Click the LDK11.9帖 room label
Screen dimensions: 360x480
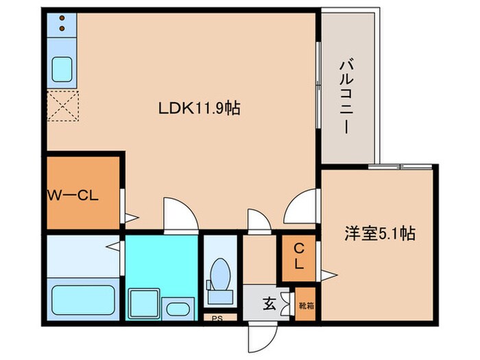pyautogui.click(x=199, y=108)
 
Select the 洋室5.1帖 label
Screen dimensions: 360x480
pyautogui.click(x=379, y=234)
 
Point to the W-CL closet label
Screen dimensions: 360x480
pyautogui.click(x=73, y=194)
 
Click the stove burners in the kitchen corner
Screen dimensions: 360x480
pyautogui.click(x=62, y=24)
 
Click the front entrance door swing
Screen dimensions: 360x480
pyautogui.click(x=261, y=336)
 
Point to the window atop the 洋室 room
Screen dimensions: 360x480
pyautogui.click(x=400, y=167)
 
